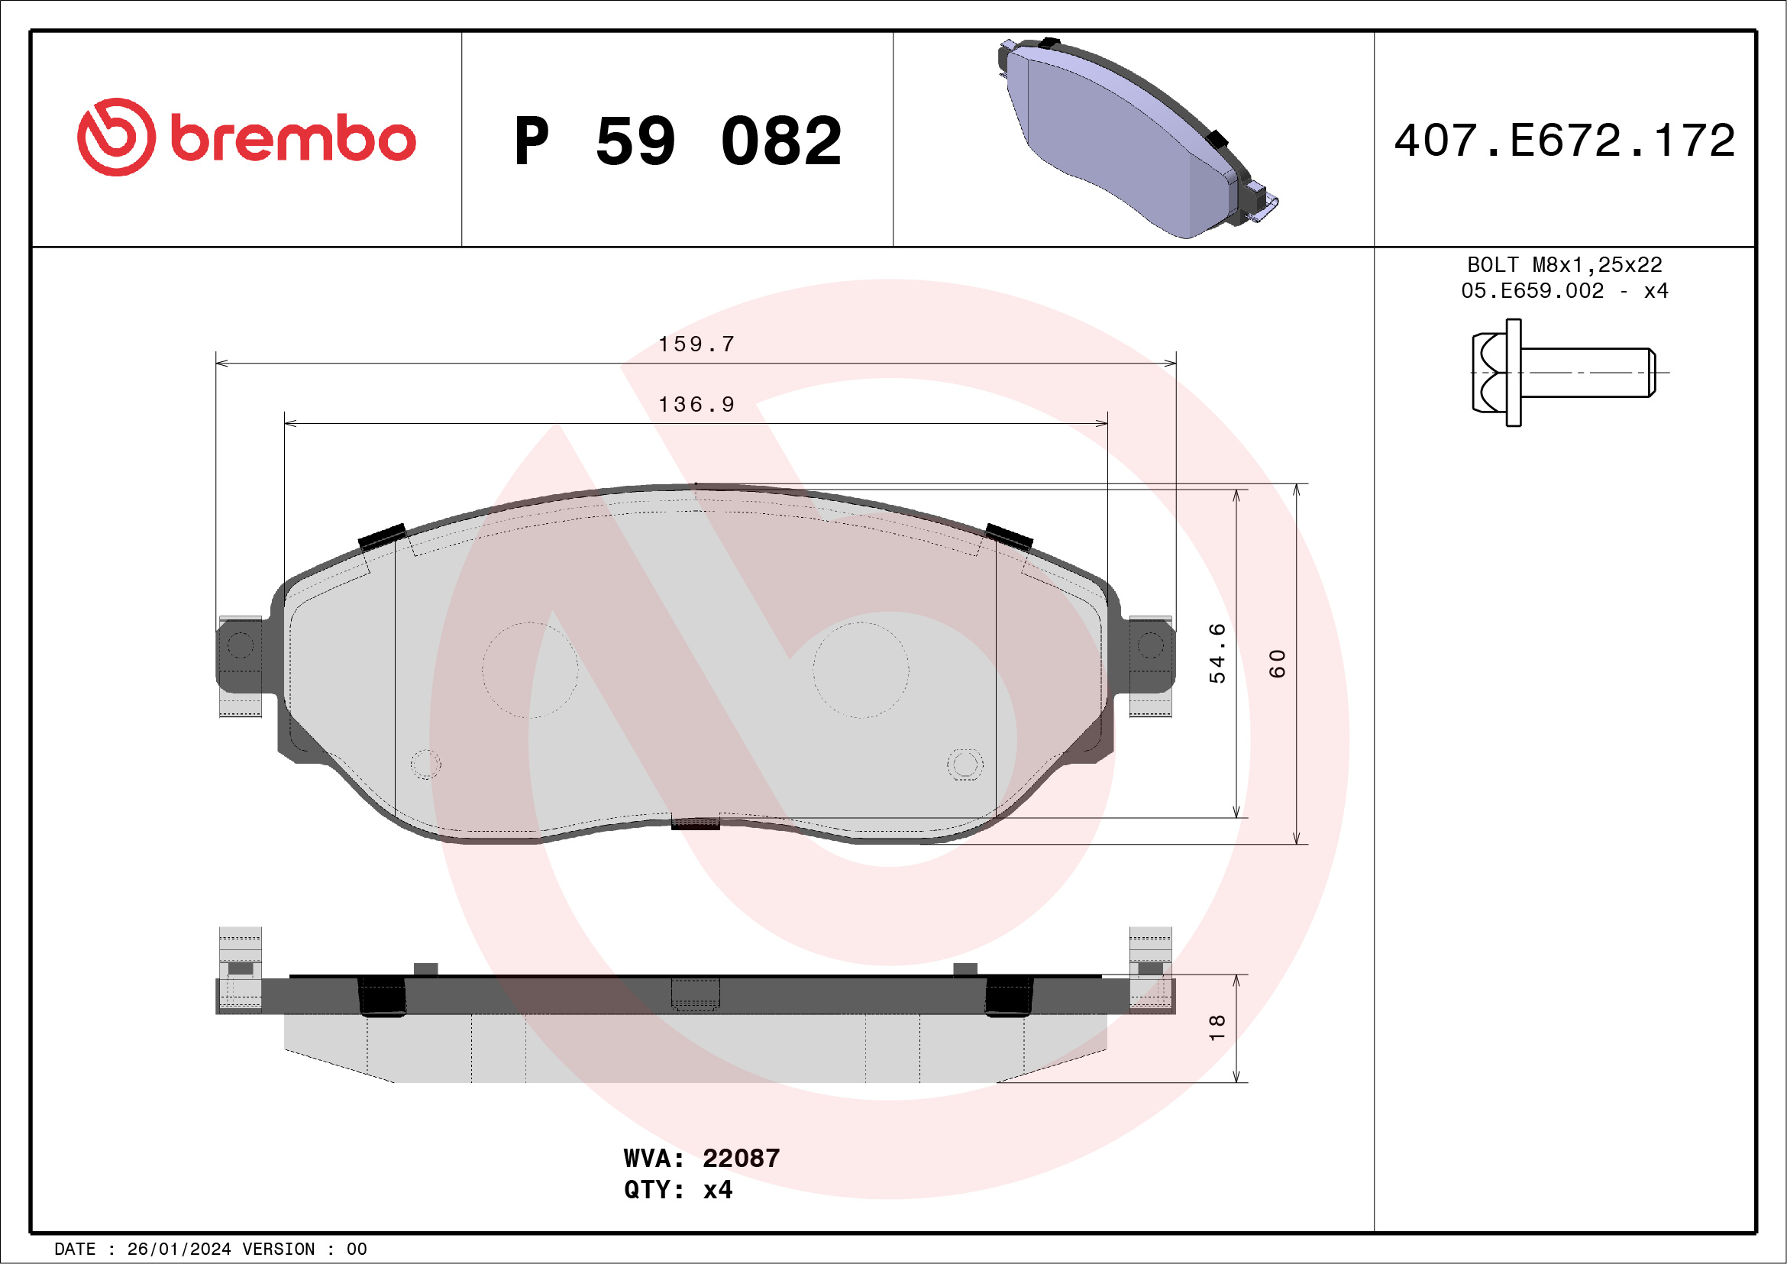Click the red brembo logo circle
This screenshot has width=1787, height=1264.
click(x=116, y=137)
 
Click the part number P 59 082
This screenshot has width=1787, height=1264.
click(x=678, y=141)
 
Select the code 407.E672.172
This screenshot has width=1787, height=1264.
click(x=1565, y=141)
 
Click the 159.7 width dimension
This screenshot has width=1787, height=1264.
click(x=696, y=344)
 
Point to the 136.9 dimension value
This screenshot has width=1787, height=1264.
click(x=696, y=405)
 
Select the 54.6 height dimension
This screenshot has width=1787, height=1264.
click(x=1217, y=653)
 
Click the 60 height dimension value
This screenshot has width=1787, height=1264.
click(x=1277, y=663)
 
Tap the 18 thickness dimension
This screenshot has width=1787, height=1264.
click(x=1217, y=1028)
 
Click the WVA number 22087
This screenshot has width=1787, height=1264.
click(x=741, y=1159)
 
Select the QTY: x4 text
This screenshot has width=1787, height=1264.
click(x=678, y=1190)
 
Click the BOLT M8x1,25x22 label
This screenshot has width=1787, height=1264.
click(x=1565, y=264)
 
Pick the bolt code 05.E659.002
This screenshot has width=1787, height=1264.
click(x=1533, y=291)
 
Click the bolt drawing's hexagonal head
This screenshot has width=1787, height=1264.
click(x=1490, y=373)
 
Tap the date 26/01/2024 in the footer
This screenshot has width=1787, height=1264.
click(x=178, y=1249)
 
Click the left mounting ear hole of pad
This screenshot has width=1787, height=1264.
click(x=240, y=645)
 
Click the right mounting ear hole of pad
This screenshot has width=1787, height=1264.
click(x=1151, y=645)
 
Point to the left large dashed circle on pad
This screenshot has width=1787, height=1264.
click(x=530, y=669)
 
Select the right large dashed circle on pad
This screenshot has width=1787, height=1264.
click(x=861, y=669)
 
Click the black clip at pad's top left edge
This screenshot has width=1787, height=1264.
click(x=381, y=536)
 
